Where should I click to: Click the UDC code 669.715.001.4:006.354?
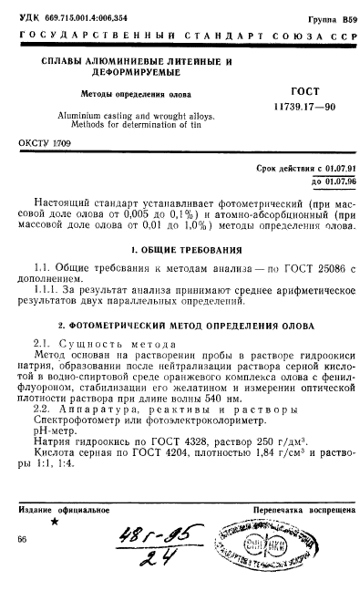click(x=80, y=17)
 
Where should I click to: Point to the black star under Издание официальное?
click(x=54, y=523)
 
